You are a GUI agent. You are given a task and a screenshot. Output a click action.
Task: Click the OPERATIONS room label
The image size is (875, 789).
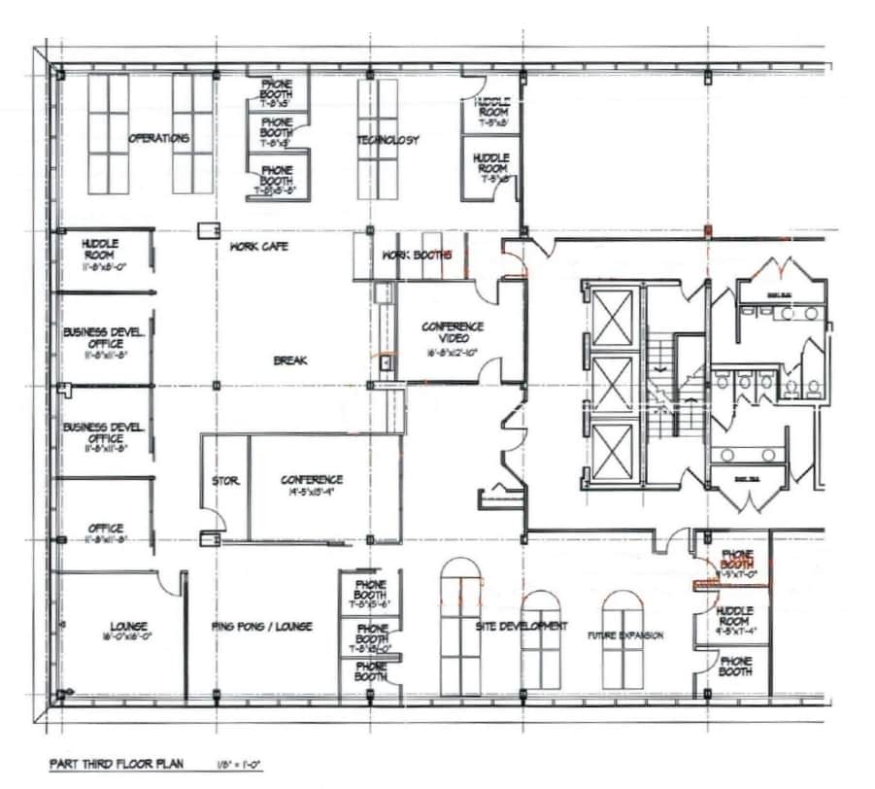point(158,139)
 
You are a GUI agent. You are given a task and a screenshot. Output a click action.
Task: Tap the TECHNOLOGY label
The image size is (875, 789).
point(387,140)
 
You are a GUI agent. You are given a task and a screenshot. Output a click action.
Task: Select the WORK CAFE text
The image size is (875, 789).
point(258,247)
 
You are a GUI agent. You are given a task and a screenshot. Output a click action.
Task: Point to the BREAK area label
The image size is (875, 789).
point(289,360)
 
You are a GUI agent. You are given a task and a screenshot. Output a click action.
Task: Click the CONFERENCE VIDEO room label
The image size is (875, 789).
point(453,333)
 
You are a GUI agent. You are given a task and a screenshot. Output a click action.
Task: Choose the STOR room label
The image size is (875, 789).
point(225,481)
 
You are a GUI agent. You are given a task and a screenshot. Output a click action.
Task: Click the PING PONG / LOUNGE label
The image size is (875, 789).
point(261,627)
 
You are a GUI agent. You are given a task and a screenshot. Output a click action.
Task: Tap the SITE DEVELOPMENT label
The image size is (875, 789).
point(521,627)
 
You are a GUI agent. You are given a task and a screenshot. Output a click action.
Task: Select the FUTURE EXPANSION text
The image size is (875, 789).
point(625,635)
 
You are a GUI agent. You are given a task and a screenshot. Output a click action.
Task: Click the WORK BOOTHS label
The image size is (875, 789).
point(418,256)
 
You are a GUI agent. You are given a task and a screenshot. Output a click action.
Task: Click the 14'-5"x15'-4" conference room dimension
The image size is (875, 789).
point(311,492)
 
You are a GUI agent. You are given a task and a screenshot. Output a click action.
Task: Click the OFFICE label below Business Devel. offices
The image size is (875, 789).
point(105,529)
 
